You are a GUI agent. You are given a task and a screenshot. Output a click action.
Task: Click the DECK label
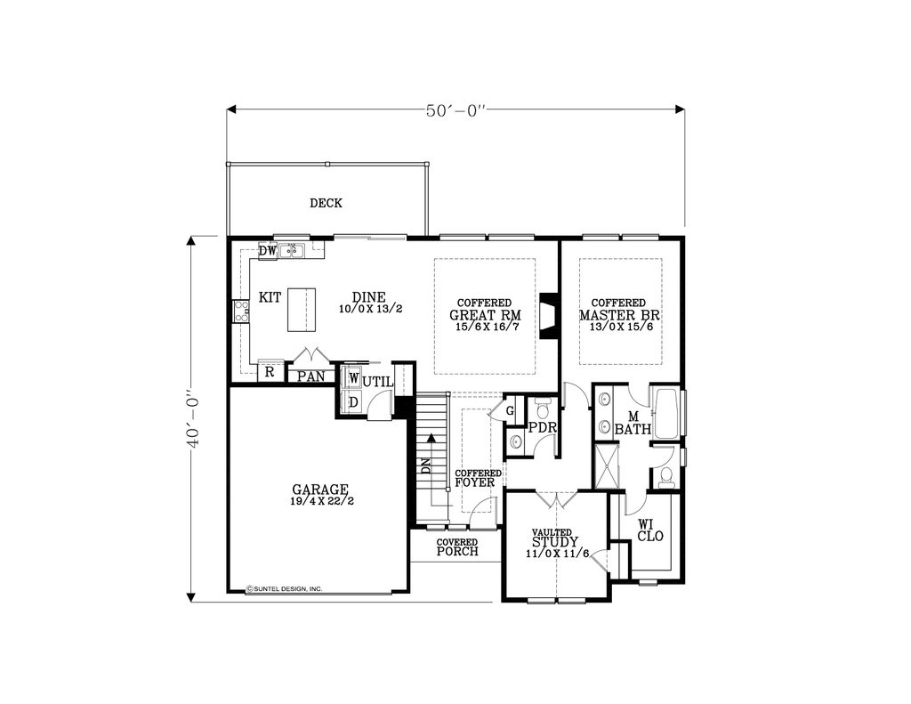pos(326,203)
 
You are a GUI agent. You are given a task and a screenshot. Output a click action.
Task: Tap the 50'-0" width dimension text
pos(456,110)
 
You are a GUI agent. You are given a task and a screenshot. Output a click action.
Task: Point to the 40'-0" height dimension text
pos(193,420)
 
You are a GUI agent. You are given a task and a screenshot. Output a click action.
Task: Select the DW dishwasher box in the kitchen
pos(267,251)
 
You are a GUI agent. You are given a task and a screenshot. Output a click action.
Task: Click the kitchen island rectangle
pos(302,309)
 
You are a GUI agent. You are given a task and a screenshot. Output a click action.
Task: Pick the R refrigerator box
pos(270,372)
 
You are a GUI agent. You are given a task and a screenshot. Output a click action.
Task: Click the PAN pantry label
pos(311,376)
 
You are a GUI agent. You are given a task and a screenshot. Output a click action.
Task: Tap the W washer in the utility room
pos(353,378)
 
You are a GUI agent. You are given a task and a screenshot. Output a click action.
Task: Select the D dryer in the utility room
pos(353,401)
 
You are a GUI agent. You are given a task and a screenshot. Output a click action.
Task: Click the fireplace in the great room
pos(548,316)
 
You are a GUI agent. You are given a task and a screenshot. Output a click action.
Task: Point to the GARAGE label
pos(320,490)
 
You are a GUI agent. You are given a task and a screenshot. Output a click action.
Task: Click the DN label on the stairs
pos(426,465)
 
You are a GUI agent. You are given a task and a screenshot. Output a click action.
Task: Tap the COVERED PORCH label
pos(457,547)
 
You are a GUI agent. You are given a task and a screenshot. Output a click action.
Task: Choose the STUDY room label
pos(555,542)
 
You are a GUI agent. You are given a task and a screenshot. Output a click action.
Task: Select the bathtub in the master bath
pos(666,413)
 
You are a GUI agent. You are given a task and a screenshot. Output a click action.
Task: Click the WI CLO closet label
pos(650,530)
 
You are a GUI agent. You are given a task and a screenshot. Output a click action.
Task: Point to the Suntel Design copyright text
pos(285,589)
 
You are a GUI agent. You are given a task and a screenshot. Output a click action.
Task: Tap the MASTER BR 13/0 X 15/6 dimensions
pos(620,327)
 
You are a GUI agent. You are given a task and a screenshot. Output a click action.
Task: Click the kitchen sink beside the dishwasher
pos(292,251)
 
